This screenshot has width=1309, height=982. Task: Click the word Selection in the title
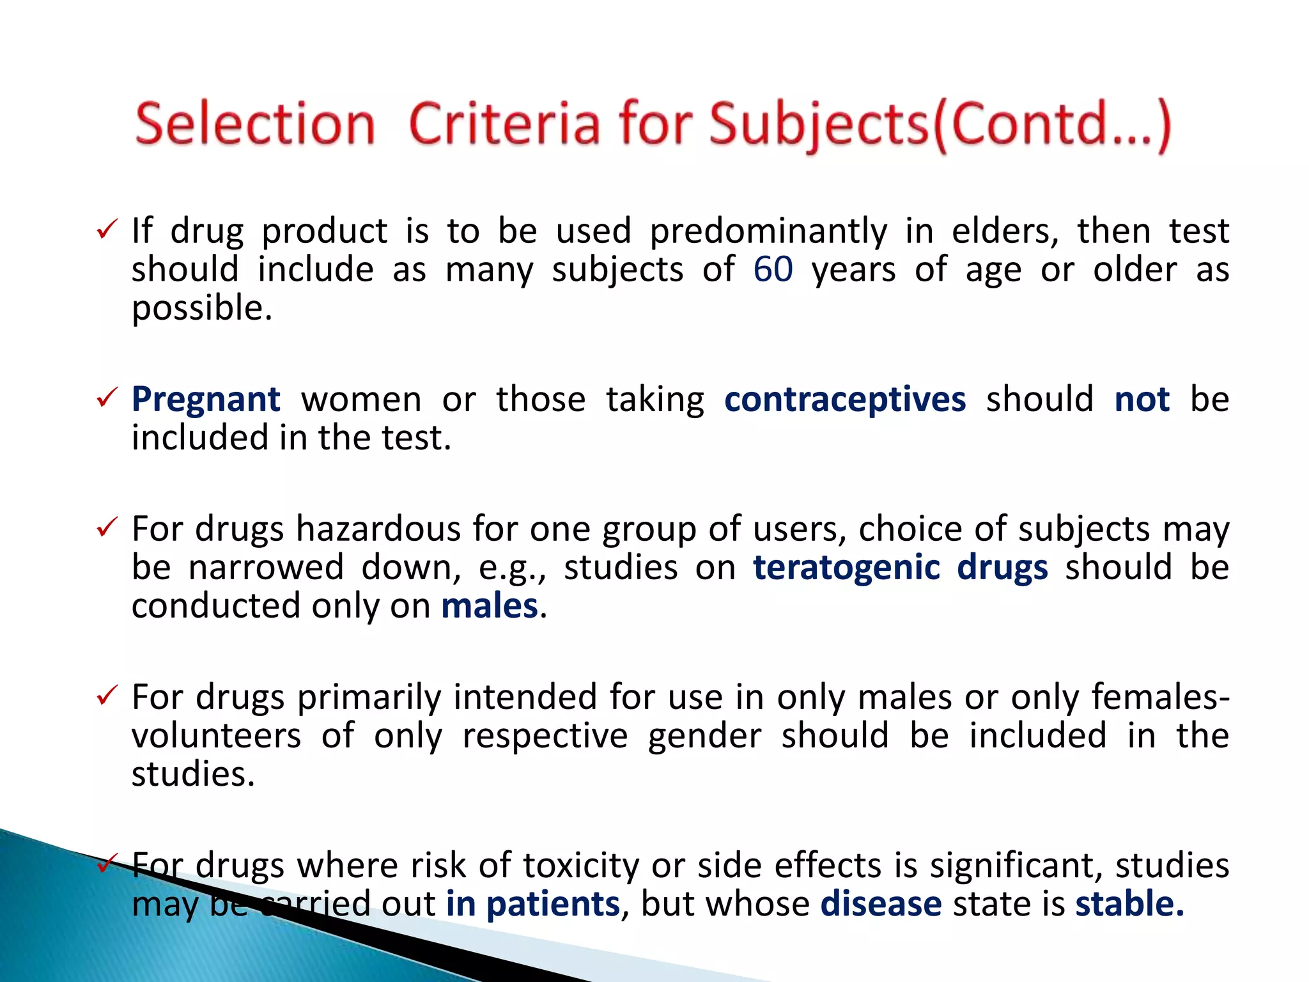(x=254, y=125)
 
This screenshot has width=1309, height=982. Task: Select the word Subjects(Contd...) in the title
(x=940, y=125)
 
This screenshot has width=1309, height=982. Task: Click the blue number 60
(x=773, y=269)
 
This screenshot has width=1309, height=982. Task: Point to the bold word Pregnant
(x=206, y=400)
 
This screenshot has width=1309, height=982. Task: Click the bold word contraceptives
(x=844, y=400)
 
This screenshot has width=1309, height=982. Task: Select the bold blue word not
(x=1142, y=400)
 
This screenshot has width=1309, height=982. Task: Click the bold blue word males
(x=490, y=606)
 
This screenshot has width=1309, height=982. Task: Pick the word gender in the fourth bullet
(x=704, y=736)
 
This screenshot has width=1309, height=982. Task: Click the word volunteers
(x=216, y=736)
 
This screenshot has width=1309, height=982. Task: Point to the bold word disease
(x=881, y=904)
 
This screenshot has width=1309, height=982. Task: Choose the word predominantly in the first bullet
(x=768, y=231)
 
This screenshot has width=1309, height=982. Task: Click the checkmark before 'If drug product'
(x=107, y=229)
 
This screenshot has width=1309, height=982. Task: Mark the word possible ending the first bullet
(x=201, y=309)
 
